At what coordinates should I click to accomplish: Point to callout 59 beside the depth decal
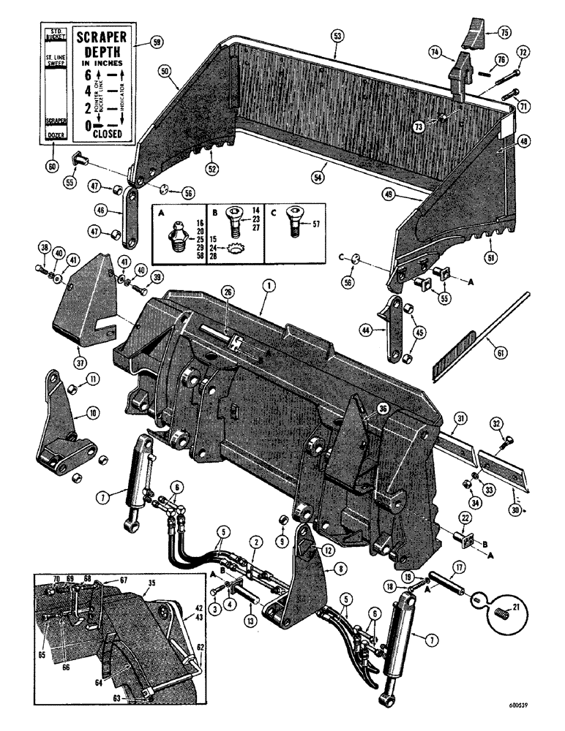158,42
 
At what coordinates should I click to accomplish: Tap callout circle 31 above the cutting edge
460,418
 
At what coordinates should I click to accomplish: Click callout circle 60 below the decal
52,166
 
